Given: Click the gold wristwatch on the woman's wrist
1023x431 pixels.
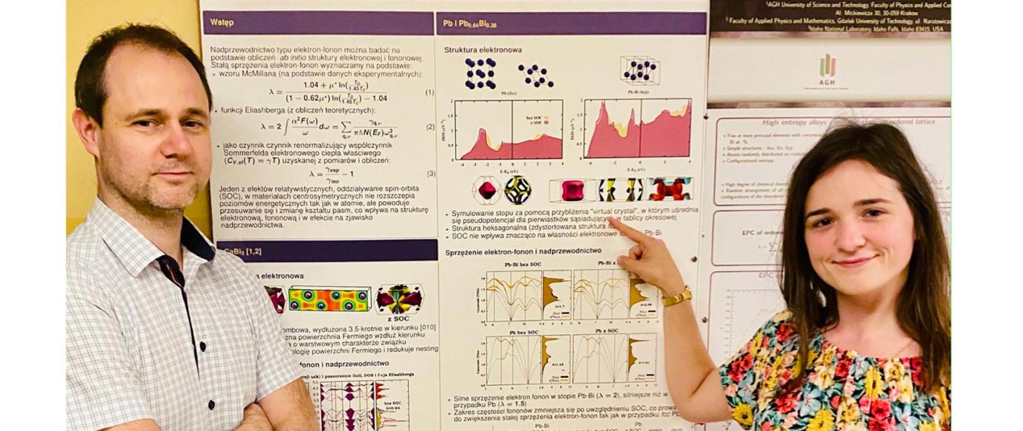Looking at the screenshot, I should [677, 296].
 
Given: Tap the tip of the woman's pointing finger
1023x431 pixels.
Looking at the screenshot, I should [612, 220].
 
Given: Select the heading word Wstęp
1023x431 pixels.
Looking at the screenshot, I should [222, 23].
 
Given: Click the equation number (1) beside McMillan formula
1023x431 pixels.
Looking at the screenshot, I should [429, 93].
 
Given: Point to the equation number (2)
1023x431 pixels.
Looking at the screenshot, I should [430, 127].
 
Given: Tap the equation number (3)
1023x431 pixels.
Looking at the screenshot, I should [431, 173].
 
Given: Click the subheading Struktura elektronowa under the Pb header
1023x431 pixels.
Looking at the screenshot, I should [483, 49].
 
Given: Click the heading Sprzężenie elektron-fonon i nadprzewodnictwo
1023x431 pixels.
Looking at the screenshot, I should [523, 250].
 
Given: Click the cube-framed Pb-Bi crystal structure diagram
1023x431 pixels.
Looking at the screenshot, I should [639, 70].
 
